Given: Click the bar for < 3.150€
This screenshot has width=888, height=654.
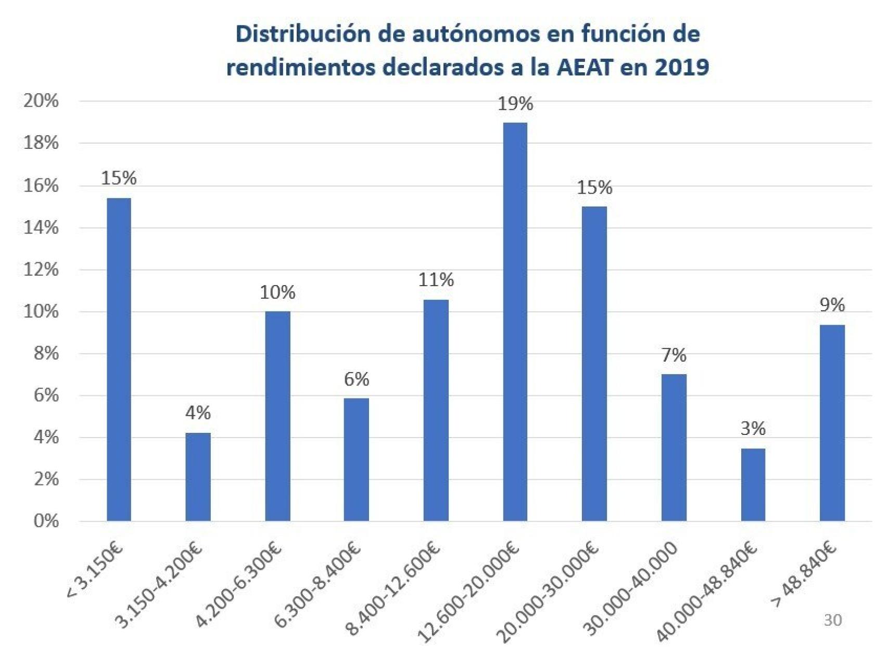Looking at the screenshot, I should coord(119,359).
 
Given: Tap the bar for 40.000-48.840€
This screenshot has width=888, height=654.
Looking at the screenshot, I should coord(753,484).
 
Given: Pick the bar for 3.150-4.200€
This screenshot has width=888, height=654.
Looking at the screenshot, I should coord(198,477).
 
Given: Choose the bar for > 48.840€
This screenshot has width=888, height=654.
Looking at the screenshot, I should coord(832,422).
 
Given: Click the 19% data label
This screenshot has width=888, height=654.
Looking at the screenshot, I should coord(515,104).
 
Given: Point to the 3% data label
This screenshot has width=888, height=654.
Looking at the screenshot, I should coord(753,429).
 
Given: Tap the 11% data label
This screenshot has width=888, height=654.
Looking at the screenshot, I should coord(436,280).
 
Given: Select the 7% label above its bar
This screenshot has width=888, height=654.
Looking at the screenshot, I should coord(674,355).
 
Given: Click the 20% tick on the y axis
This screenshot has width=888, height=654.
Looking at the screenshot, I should coord(41,101).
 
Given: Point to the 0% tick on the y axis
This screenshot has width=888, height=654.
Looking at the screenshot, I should coord(46,521).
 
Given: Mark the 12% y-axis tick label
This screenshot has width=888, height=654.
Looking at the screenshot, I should coord(41,270).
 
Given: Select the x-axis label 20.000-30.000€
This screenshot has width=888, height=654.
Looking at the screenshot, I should coord(547,593).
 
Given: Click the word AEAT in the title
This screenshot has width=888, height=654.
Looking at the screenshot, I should coord(582,68).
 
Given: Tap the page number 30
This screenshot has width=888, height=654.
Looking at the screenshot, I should coord(832,620).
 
